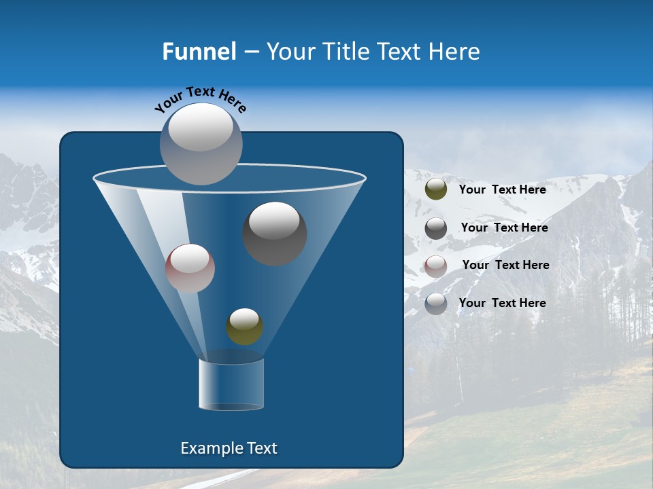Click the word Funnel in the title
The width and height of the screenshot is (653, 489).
[x=199, y=52]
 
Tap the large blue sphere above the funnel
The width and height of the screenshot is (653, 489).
[x=201, y=143]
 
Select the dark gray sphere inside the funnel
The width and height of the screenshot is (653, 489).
[x=275, y=233]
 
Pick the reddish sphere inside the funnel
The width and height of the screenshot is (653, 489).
[x=190, y=268]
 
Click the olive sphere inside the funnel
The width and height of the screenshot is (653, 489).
[x=244, y=326]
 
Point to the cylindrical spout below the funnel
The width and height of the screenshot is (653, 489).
[x=231, y=384]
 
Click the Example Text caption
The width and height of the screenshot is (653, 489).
[x=229, y=448]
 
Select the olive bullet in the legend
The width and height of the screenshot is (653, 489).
[x=436, y=189]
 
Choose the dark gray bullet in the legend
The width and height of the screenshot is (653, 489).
[x=436, y=228]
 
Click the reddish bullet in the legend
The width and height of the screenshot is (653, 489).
[x=436, y=266]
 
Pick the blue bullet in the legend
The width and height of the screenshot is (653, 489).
[x=436, y=304]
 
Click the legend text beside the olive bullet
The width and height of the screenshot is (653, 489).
[x=503, y=189]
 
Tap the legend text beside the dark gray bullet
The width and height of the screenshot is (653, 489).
[x=504, y=228]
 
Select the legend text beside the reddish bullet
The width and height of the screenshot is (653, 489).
[x=505, y=265]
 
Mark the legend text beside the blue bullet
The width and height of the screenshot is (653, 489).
[x=503, y=303]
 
